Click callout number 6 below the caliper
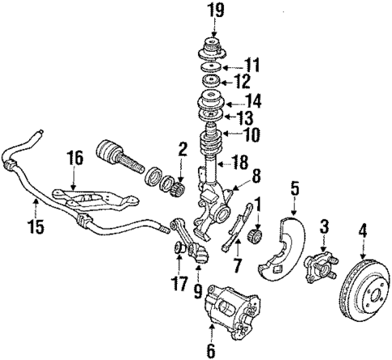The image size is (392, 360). point(211,349)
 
